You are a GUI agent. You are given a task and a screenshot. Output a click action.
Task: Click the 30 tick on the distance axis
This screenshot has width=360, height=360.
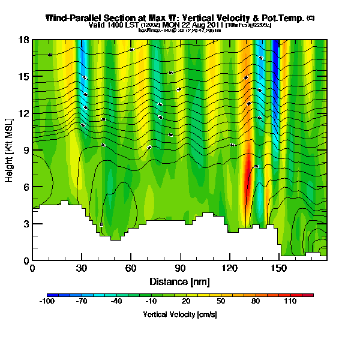coord(82,268)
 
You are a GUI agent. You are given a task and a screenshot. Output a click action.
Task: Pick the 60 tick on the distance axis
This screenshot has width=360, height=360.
coord(131,268)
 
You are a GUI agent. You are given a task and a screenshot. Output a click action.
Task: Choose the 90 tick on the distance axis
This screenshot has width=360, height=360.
coord(180,268)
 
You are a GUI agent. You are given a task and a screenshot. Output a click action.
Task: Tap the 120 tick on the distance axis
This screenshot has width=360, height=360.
coord(229,268)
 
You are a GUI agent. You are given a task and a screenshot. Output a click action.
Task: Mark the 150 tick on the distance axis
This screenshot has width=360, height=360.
coord(278,268)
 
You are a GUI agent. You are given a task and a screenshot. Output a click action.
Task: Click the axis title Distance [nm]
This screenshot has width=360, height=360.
coord(179,281)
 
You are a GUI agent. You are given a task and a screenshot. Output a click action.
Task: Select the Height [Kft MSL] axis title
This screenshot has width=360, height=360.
coord(10,151)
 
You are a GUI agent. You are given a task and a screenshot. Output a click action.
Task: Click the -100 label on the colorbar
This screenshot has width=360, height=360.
coord(47,302)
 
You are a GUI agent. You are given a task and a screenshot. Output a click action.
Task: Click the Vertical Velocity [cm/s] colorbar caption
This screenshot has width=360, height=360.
coord(179,314)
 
